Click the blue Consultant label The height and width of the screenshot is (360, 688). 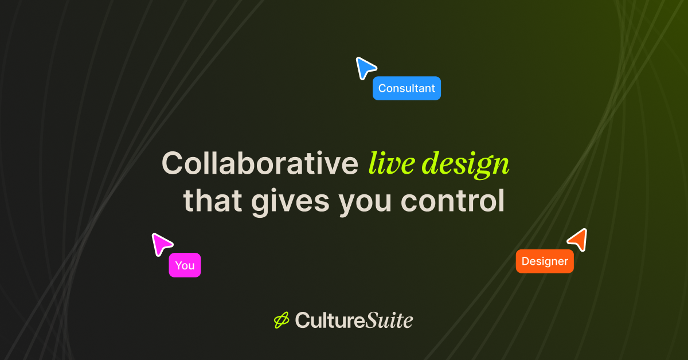tap(406, 88)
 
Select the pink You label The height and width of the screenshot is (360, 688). tap(185, 265)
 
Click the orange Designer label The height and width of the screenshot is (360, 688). tap(545, 261)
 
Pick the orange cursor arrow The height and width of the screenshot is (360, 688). tap(578, 238)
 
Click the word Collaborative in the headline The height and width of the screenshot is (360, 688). tap(260, 164)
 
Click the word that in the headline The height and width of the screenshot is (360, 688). tap(213, 201)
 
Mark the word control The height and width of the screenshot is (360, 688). tap(452, 201)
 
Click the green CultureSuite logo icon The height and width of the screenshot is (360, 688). tap(282, 320)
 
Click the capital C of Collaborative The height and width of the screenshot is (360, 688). tap(173, 164)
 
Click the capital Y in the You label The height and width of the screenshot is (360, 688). tap(178, 265)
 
